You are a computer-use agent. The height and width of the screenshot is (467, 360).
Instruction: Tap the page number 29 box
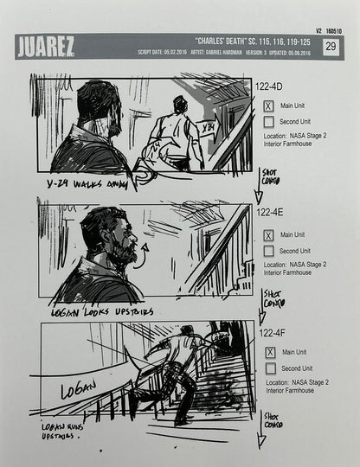click(330, 47)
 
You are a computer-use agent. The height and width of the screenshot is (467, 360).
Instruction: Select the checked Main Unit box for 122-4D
click(268, 106)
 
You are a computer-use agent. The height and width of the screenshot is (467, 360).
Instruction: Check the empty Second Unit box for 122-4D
click(268, 122)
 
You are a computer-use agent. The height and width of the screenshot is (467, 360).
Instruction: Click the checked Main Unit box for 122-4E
click(268, 234)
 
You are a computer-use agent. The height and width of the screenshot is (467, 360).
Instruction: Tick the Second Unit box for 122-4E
click(268, 251)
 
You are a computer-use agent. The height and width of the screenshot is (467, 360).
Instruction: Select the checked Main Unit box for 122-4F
click(270, 352)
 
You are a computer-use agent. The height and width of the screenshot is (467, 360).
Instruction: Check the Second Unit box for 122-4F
click(270, 368)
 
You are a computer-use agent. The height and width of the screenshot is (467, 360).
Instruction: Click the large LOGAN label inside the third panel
click(79, 391)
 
